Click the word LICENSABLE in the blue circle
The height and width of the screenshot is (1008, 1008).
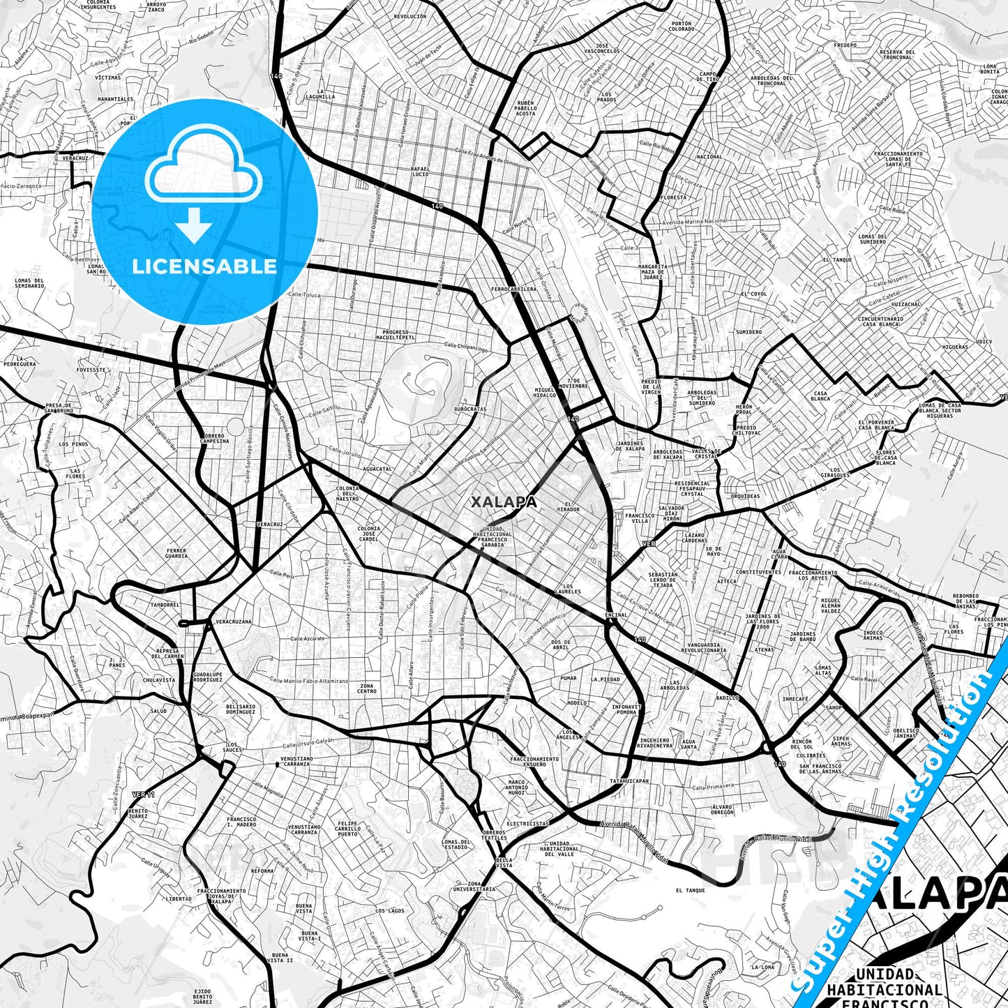pyautogui.click(x=204, y=266)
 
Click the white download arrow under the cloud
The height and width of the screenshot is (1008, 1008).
pyautogui.click(x=195, y=227)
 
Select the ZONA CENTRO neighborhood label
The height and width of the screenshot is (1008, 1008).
pyautogui.click(x=368, y=688)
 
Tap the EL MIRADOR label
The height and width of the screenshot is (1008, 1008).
pyautogui.click(x=572, y=506)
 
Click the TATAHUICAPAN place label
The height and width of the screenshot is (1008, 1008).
pyautogui.click(x=629, y=781)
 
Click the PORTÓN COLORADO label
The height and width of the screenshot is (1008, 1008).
pyautogui.click(x=681, y=27)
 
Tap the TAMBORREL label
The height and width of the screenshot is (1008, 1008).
pyautogui.click(x=165, y=605)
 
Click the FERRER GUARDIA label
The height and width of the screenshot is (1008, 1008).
pyautogui.click(x=176, y=554)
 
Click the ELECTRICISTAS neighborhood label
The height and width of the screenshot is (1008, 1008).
pyautogui.click(x=527, y=823)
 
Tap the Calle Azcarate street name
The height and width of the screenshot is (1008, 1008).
pyautogui.click(x=308, y=638)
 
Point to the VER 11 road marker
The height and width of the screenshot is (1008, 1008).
pyautogui.click(x=143, y=794)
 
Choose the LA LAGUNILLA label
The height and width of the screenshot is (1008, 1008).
pyautogui.click(x=325, y=94)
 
